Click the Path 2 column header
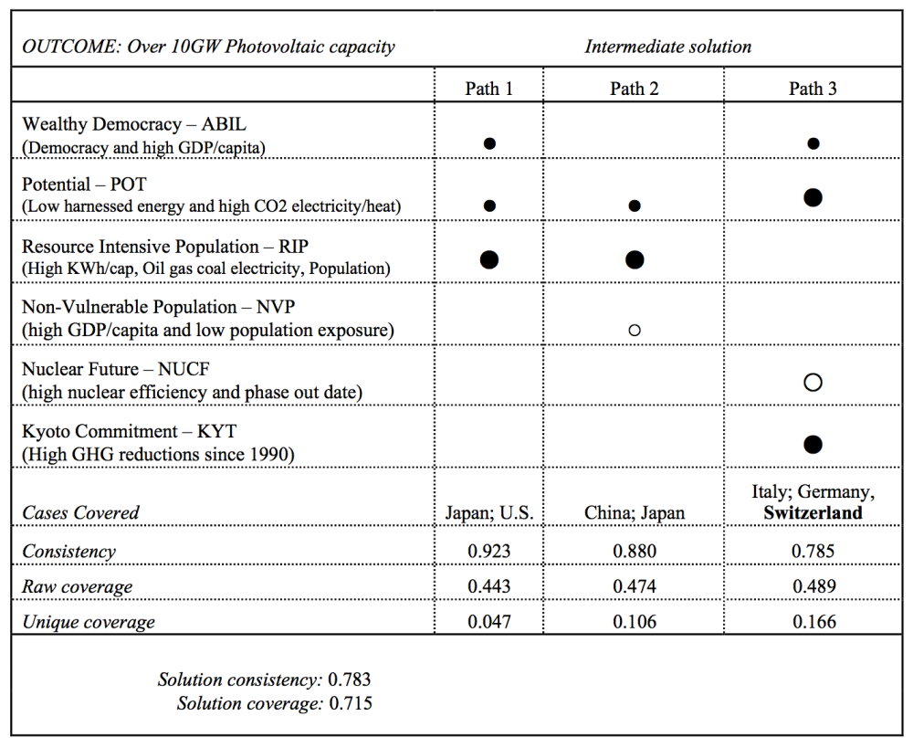tap(635, 89)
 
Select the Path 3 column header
tap(813, 89)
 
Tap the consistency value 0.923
tap(489, 551)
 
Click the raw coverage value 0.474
tap(635, 586)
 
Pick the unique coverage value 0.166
tap(814, 622)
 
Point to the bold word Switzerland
tap(813, 513)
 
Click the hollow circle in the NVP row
tap(635, 331)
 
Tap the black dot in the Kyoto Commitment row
tap(813, 445)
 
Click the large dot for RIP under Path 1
tap(489, 259)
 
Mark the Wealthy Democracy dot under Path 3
tap(813, 143)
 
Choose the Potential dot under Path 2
tap(635, 205)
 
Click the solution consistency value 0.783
tap(350, 680)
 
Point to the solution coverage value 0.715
tap(351, 703)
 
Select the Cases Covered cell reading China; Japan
tap(635, 513)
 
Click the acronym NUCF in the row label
tap(184, 369)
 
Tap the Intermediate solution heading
tap(668, 47)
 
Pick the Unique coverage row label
tap(89, 622)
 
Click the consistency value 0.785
tap(813, 551)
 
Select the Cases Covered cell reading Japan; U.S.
tap(489, 513)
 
